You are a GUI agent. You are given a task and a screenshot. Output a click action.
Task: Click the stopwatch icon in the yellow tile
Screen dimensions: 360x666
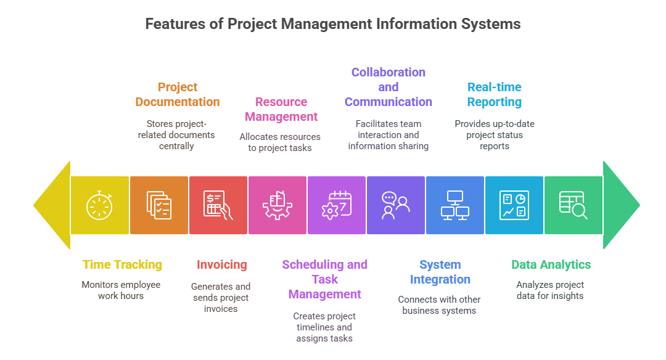pyautogui.click(x=100, y=205)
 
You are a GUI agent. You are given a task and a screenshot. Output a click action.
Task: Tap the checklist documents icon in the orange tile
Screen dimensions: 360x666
pyautogui.click(x=159, y=205)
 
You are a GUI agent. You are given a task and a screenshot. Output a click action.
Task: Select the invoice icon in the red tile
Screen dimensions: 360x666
pyautogui.click(x=218, y=205)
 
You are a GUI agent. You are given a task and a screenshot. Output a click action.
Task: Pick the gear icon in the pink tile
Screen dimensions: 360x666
pyautogui.click(x=277, y=205)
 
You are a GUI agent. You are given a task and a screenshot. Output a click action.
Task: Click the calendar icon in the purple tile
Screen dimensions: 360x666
pyautogui.click(x=337, y=205)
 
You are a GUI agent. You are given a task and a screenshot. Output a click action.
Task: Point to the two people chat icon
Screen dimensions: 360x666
pyautogui.click(x=396, y=205)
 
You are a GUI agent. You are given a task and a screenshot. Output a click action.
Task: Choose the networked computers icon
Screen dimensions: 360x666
pyautogui.click(x=455, y=205)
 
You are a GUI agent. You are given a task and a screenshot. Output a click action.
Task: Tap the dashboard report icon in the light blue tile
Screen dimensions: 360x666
pyautogui.click(x=514, y=205)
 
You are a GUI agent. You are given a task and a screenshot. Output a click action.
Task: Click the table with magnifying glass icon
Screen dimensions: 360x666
pyautogui.click(x=573, y=205)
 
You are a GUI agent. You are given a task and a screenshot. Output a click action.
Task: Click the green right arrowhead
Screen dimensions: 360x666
pyautogui.click(x=620, y=205)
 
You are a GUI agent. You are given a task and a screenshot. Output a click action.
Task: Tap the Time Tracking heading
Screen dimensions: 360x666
pyautogui.click(x=122, y=265)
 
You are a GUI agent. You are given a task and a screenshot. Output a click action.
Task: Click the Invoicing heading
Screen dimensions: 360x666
pyautogui.click(x=222, y=265)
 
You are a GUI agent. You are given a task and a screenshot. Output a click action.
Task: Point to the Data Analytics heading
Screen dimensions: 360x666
pyautogui.click(x=551, y=265)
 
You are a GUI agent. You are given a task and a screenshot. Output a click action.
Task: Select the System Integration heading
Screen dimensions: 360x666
pyautogui.click(x=440, y=272)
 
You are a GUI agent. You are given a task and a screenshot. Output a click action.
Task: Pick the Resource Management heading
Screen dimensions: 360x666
pyautogui.click(x=281, y=109)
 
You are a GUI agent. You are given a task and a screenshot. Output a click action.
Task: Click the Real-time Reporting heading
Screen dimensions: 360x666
pyautogui.click(x=494, y=94)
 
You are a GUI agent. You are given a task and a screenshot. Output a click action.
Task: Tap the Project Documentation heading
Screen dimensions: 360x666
pyautogui.click(x=178, y=94)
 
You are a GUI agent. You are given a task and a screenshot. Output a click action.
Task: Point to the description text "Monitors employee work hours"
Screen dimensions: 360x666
pyautogui.click(x=121, y=290)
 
